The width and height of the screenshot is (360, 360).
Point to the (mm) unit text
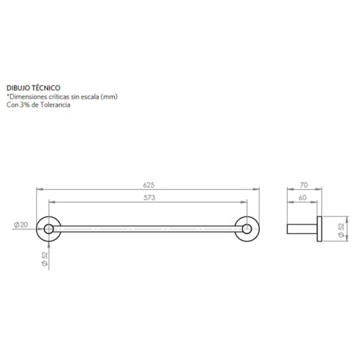108,96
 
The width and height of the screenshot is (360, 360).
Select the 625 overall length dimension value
147,185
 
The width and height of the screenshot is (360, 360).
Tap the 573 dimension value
147,198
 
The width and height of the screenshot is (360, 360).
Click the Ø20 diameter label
20,225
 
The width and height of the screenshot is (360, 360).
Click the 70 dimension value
305,185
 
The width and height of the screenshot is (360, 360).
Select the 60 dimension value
302,198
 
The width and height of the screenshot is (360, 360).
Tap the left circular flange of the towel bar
49,230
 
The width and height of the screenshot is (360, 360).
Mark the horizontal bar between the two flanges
147,230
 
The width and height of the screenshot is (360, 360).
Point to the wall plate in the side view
319,230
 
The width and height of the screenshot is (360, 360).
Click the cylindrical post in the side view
300,230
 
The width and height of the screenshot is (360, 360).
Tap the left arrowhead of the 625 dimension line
38,191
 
